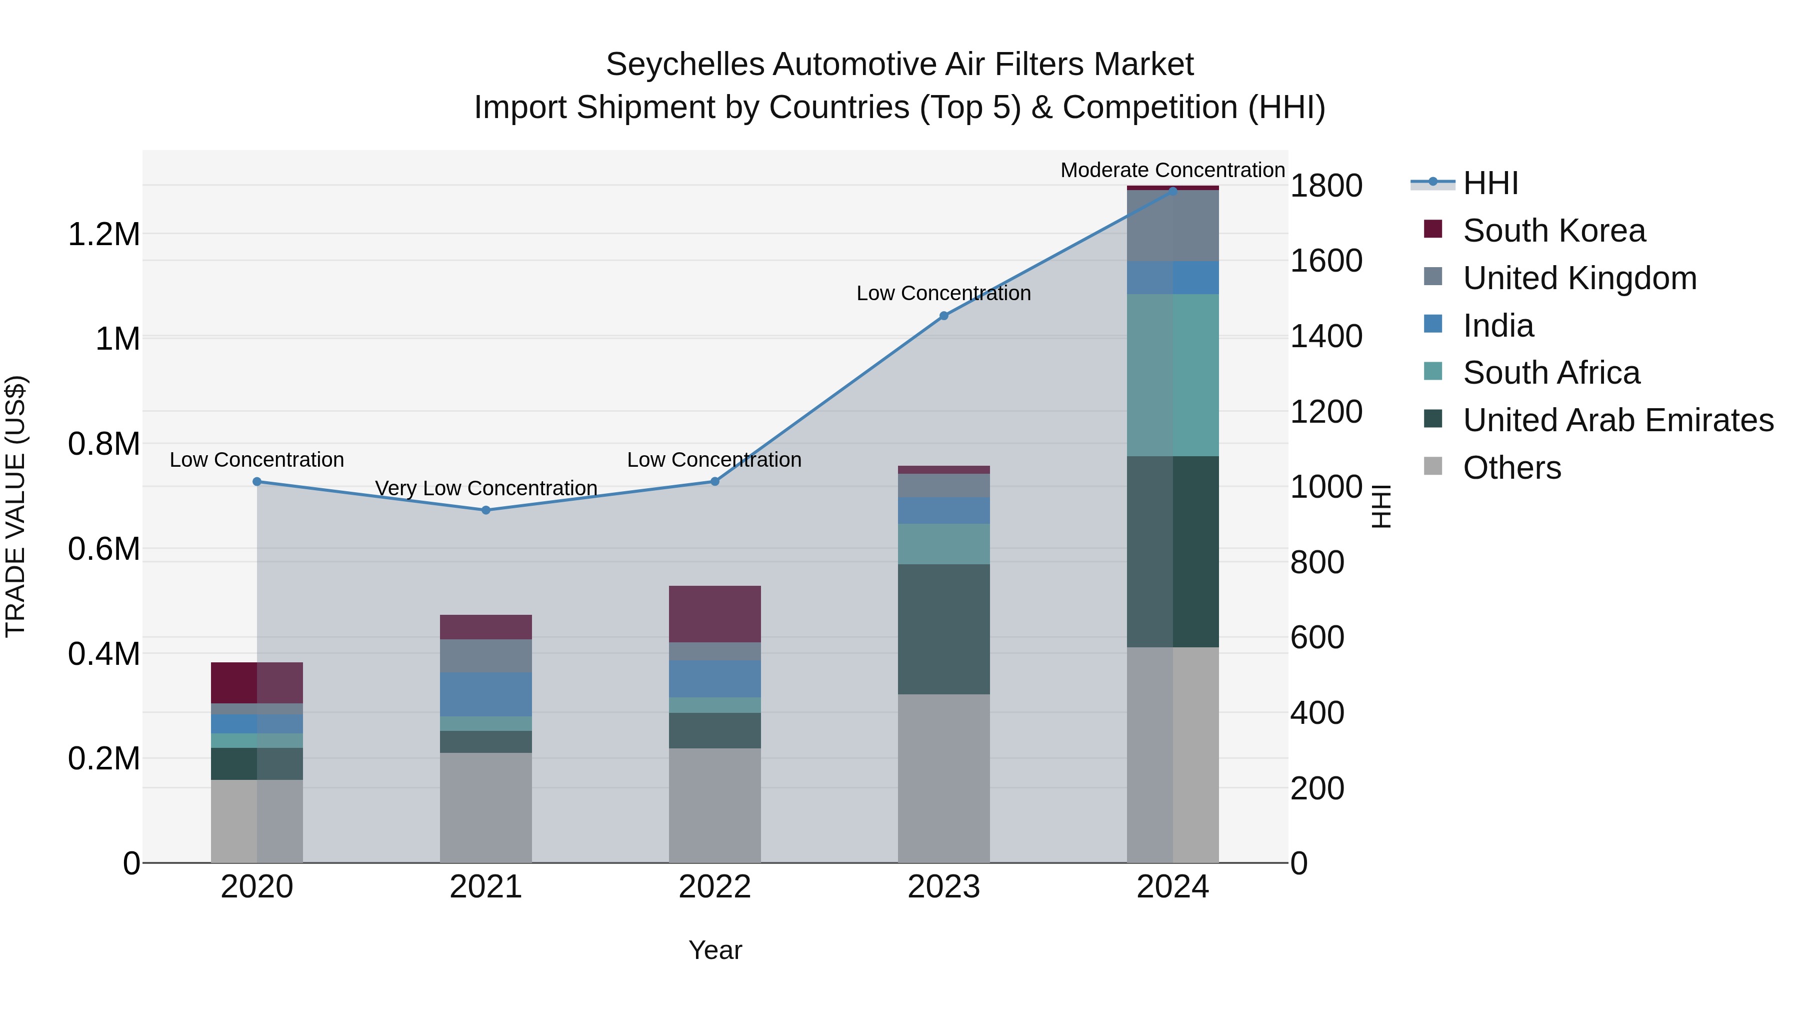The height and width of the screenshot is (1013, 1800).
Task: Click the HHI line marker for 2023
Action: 943,316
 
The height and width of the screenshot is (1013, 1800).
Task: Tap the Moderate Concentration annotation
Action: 1172,170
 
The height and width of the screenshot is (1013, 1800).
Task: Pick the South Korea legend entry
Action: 1553,231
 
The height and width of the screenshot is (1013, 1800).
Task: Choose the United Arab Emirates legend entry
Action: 1617,420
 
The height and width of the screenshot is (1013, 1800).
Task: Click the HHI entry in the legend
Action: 1490,183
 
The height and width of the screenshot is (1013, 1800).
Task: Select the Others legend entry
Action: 1511,468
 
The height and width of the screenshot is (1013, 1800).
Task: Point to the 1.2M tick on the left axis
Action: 104,234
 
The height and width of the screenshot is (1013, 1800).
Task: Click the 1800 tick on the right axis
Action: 1325,186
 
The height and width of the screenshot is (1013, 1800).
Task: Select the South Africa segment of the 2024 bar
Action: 1172,375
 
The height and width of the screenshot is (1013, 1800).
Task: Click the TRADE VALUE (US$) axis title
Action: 15,506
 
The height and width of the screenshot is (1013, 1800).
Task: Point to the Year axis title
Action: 715,950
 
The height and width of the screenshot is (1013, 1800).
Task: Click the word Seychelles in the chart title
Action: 685,65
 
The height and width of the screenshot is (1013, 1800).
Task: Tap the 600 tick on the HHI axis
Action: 1316,638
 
